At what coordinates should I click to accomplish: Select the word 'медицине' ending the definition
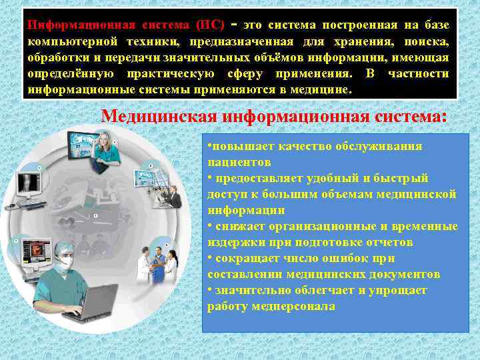click(x=331, y=89)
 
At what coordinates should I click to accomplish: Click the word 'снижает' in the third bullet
click(x=237, y=227)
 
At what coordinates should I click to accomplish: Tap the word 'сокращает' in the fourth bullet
click(x=241, y=259)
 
